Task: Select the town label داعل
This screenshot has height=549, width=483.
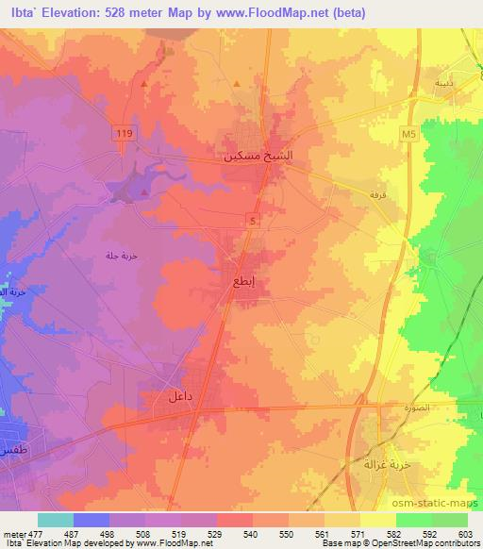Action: tap(180, 397)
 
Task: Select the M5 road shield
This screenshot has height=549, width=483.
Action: tap(408, 135)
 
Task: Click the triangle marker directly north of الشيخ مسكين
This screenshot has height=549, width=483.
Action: tap(236, 82)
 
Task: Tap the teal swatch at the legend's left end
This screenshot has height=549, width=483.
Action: tap(55, 519)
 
